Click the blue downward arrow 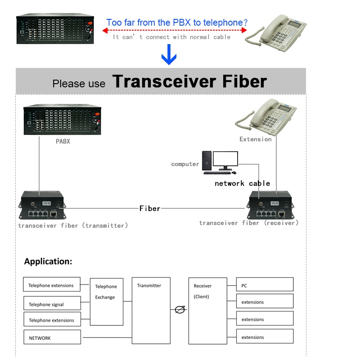tap(169, 54)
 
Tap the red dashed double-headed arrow tap(175, 30)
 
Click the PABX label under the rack tap(63, 141)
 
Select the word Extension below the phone tap(255, 139)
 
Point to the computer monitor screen tap(225, 158)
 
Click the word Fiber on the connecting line tap(150, 208)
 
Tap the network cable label tap(242, 183)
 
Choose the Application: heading tap(48, 261)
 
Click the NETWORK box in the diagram tap(52, 337)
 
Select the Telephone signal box tap(52, 303)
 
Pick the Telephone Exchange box tap(107, 301)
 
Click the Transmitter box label tap(149, 285)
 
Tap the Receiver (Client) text tap(202, 291)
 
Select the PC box tap(265, 284)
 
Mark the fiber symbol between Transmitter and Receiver tap(180, 310)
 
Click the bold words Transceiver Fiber tap(189, 81)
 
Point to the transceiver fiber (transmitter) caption tap(73, 225)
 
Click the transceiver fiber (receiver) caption tap(249, 223)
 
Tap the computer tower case tap(207, 161)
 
